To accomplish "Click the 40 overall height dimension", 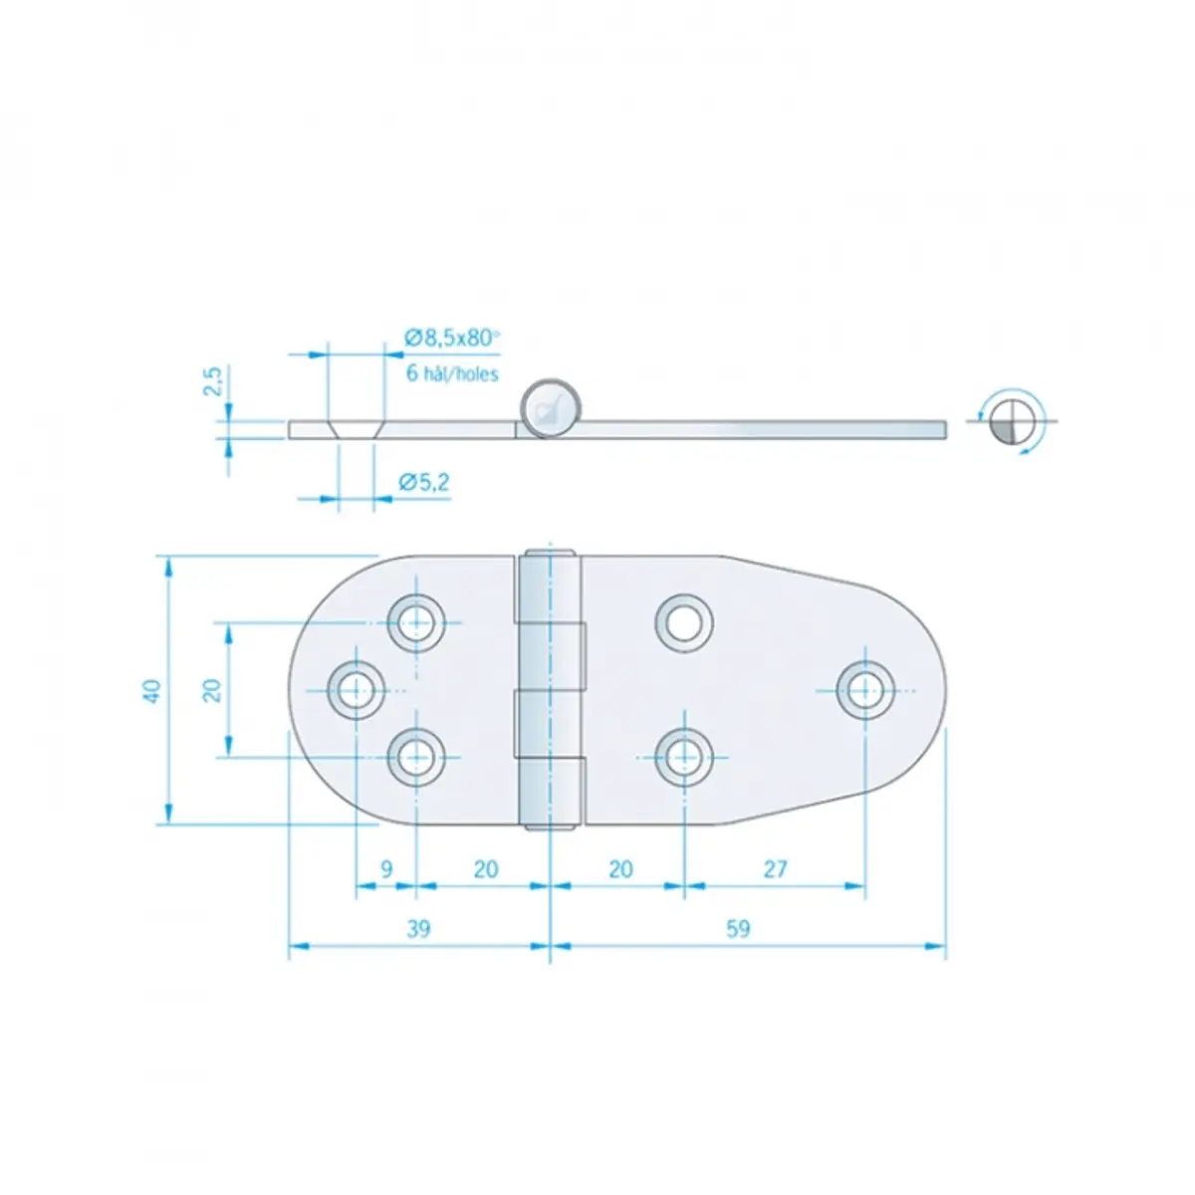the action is tap(152, 690).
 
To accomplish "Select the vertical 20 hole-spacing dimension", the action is tap(212, 690).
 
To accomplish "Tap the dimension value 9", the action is tap(386, 868).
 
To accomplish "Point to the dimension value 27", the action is tap(775, 868).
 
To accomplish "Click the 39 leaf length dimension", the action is tap(418, 928).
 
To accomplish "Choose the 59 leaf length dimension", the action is tap(738, 928).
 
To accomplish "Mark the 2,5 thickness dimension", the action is tap(212, 381).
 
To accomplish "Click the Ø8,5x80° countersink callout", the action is tap(451, 338).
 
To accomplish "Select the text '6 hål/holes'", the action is tap(452, 372).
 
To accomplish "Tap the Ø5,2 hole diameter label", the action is tap(424, 482).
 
